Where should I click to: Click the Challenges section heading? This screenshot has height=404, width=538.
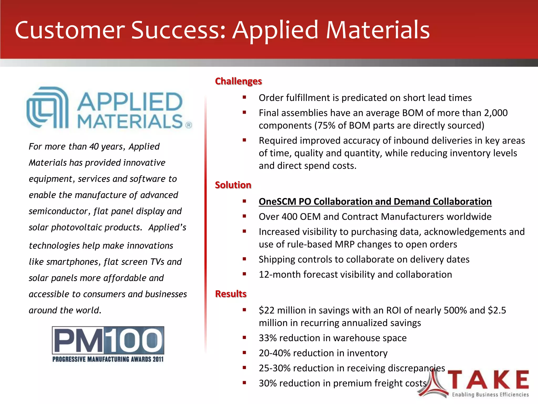click(238, 81)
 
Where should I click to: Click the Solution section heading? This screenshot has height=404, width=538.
click(233, 185)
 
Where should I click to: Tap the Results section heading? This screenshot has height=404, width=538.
click(231, 294)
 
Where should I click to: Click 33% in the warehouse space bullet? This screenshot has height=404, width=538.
click(268, 338)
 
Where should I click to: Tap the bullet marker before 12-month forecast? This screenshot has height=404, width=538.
click(244, 274)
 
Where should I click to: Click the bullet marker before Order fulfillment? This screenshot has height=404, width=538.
click(244, 97)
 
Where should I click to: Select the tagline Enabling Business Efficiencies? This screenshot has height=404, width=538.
click(490, 395)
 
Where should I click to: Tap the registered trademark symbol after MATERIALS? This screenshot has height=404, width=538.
click(189, 125)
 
